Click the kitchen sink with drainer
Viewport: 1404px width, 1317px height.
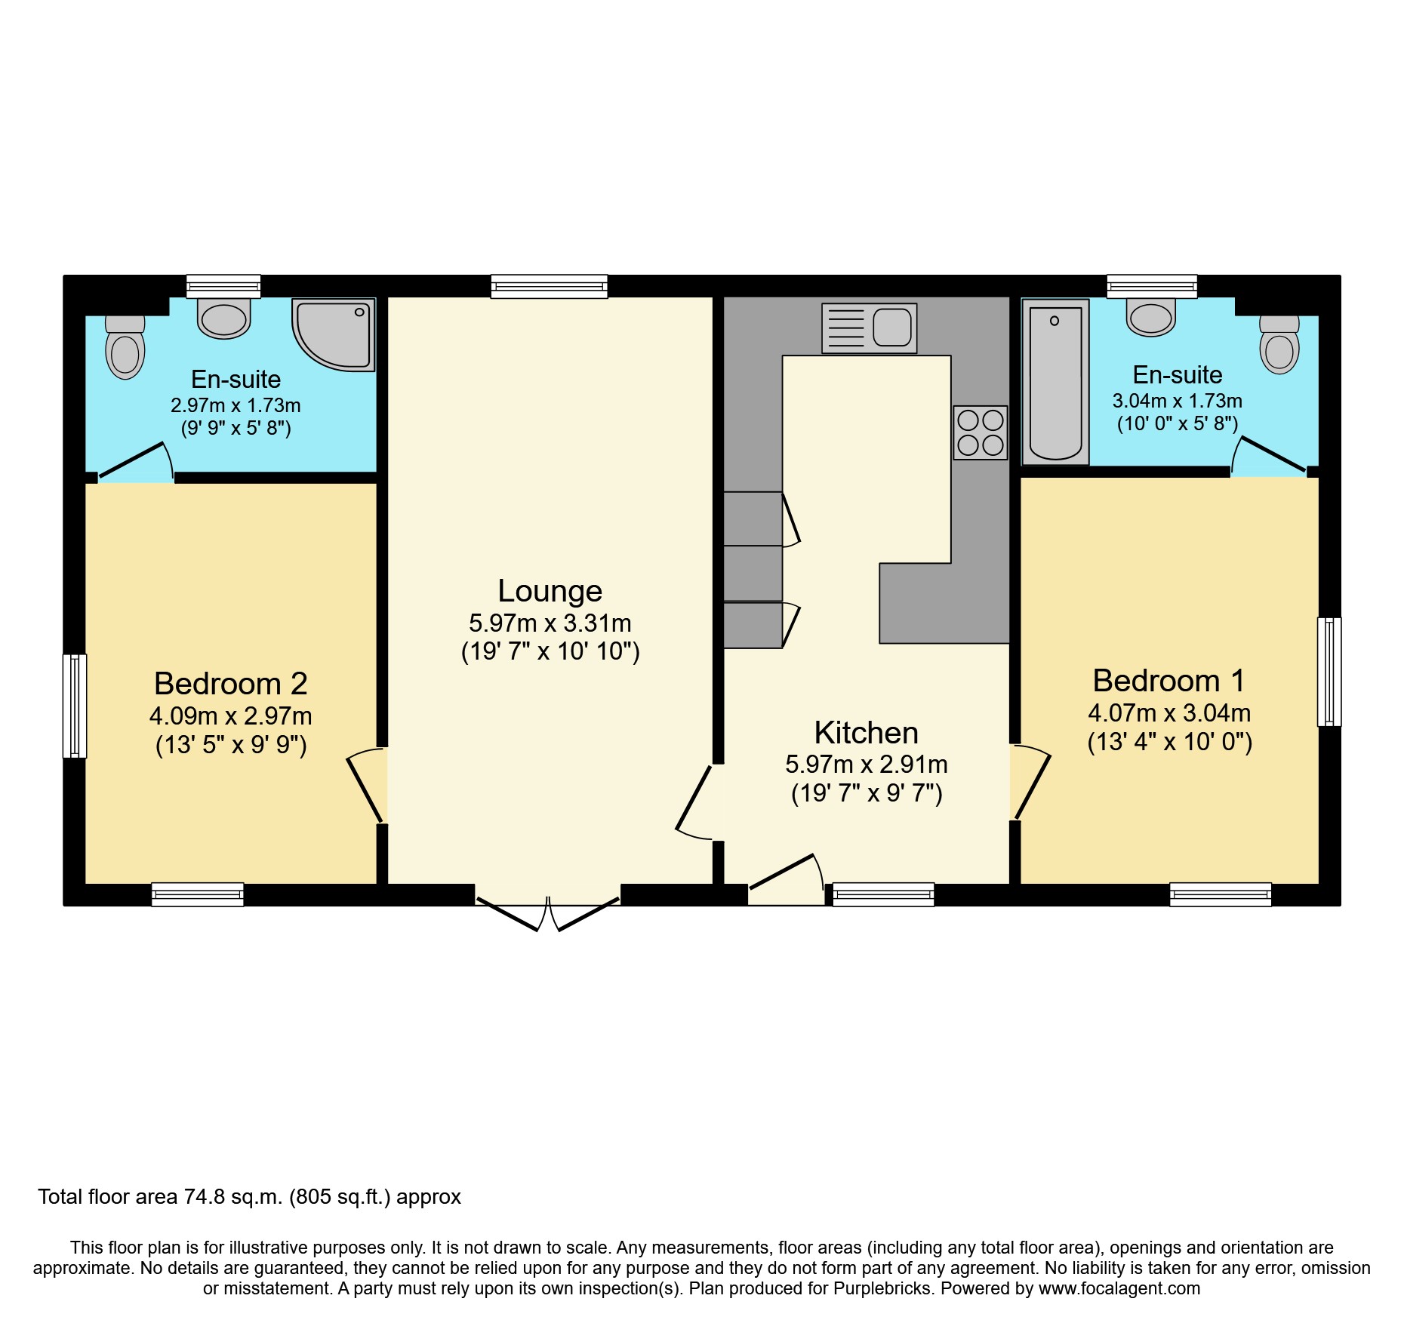[869, 328]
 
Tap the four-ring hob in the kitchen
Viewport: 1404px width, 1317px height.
[980, 432]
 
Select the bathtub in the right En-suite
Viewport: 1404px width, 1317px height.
[1055, 382]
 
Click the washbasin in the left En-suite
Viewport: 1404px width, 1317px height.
[224, 318]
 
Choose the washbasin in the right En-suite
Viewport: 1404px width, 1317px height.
[1151, 317]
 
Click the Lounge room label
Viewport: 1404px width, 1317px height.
[550, 591]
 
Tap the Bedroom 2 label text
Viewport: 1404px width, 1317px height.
[231, 684]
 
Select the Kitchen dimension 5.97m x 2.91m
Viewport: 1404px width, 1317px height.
[867, 765]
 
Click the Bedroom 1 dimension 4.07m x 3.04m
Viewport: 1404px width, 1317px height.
[1169, 713]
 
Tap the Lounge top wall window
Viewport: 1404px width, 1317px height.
[549, 286]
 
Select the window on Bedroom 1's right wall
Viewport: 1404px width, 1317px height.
[1329, 672]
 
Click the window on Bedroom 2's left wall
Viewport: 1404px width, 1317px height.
[75, 706]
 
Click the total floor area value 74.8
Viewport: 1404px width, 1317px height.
[203, 1197]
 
